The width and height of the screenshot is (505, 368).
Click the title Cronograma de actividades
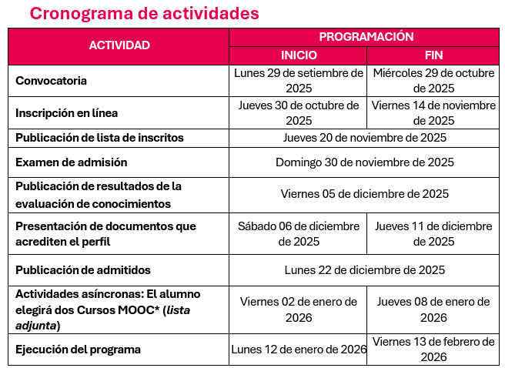tap(144, 14)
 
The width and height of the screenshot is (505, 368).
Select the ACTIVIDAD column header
tap(119, 45)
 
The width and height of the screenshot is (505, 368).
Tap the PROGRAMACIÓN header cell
tap(366, 36)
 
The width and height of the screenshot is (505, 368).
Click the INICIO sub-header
tap(298, 55)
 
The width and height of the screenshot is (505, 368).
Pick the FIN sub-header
tap(434, 55)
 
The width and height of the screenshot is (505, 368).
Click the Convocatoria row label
tap(52, 81)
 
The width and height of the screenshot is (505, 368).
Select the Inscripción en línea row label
tap(67, 113)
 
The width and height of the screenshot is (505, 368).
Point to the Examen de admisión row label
tap(72, 162)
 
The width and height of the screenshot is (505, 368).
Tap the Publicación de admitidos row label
tap(83, 270)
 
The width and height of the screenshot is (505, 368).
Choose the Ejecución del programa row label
tap(79, 350)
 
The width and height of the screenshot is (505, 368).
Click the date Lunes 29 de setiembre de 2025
tap(298, 81)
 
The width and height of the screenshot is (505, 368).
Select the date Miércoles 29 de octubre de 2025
tap(434, 81)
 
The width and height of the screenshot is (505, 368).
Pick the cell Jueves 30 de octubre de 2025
tap(298, 112)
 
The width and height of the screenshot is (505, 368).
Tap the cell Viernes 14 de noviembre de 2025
tap(434, 112)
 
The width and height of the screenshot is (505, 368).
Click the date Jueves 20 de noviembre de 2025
tap(365, 138)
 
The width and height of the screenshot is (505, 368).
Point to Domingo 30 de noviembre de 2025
tap(365, 162)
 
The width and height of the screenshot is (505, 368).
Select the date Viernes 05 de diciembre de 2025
tap(365, 194)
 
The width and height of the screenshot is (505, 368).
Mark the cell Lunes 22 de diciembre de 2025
tap(365, 270)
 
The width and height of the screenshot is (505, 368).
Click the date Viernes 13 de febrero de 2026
tap(434, 349)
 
